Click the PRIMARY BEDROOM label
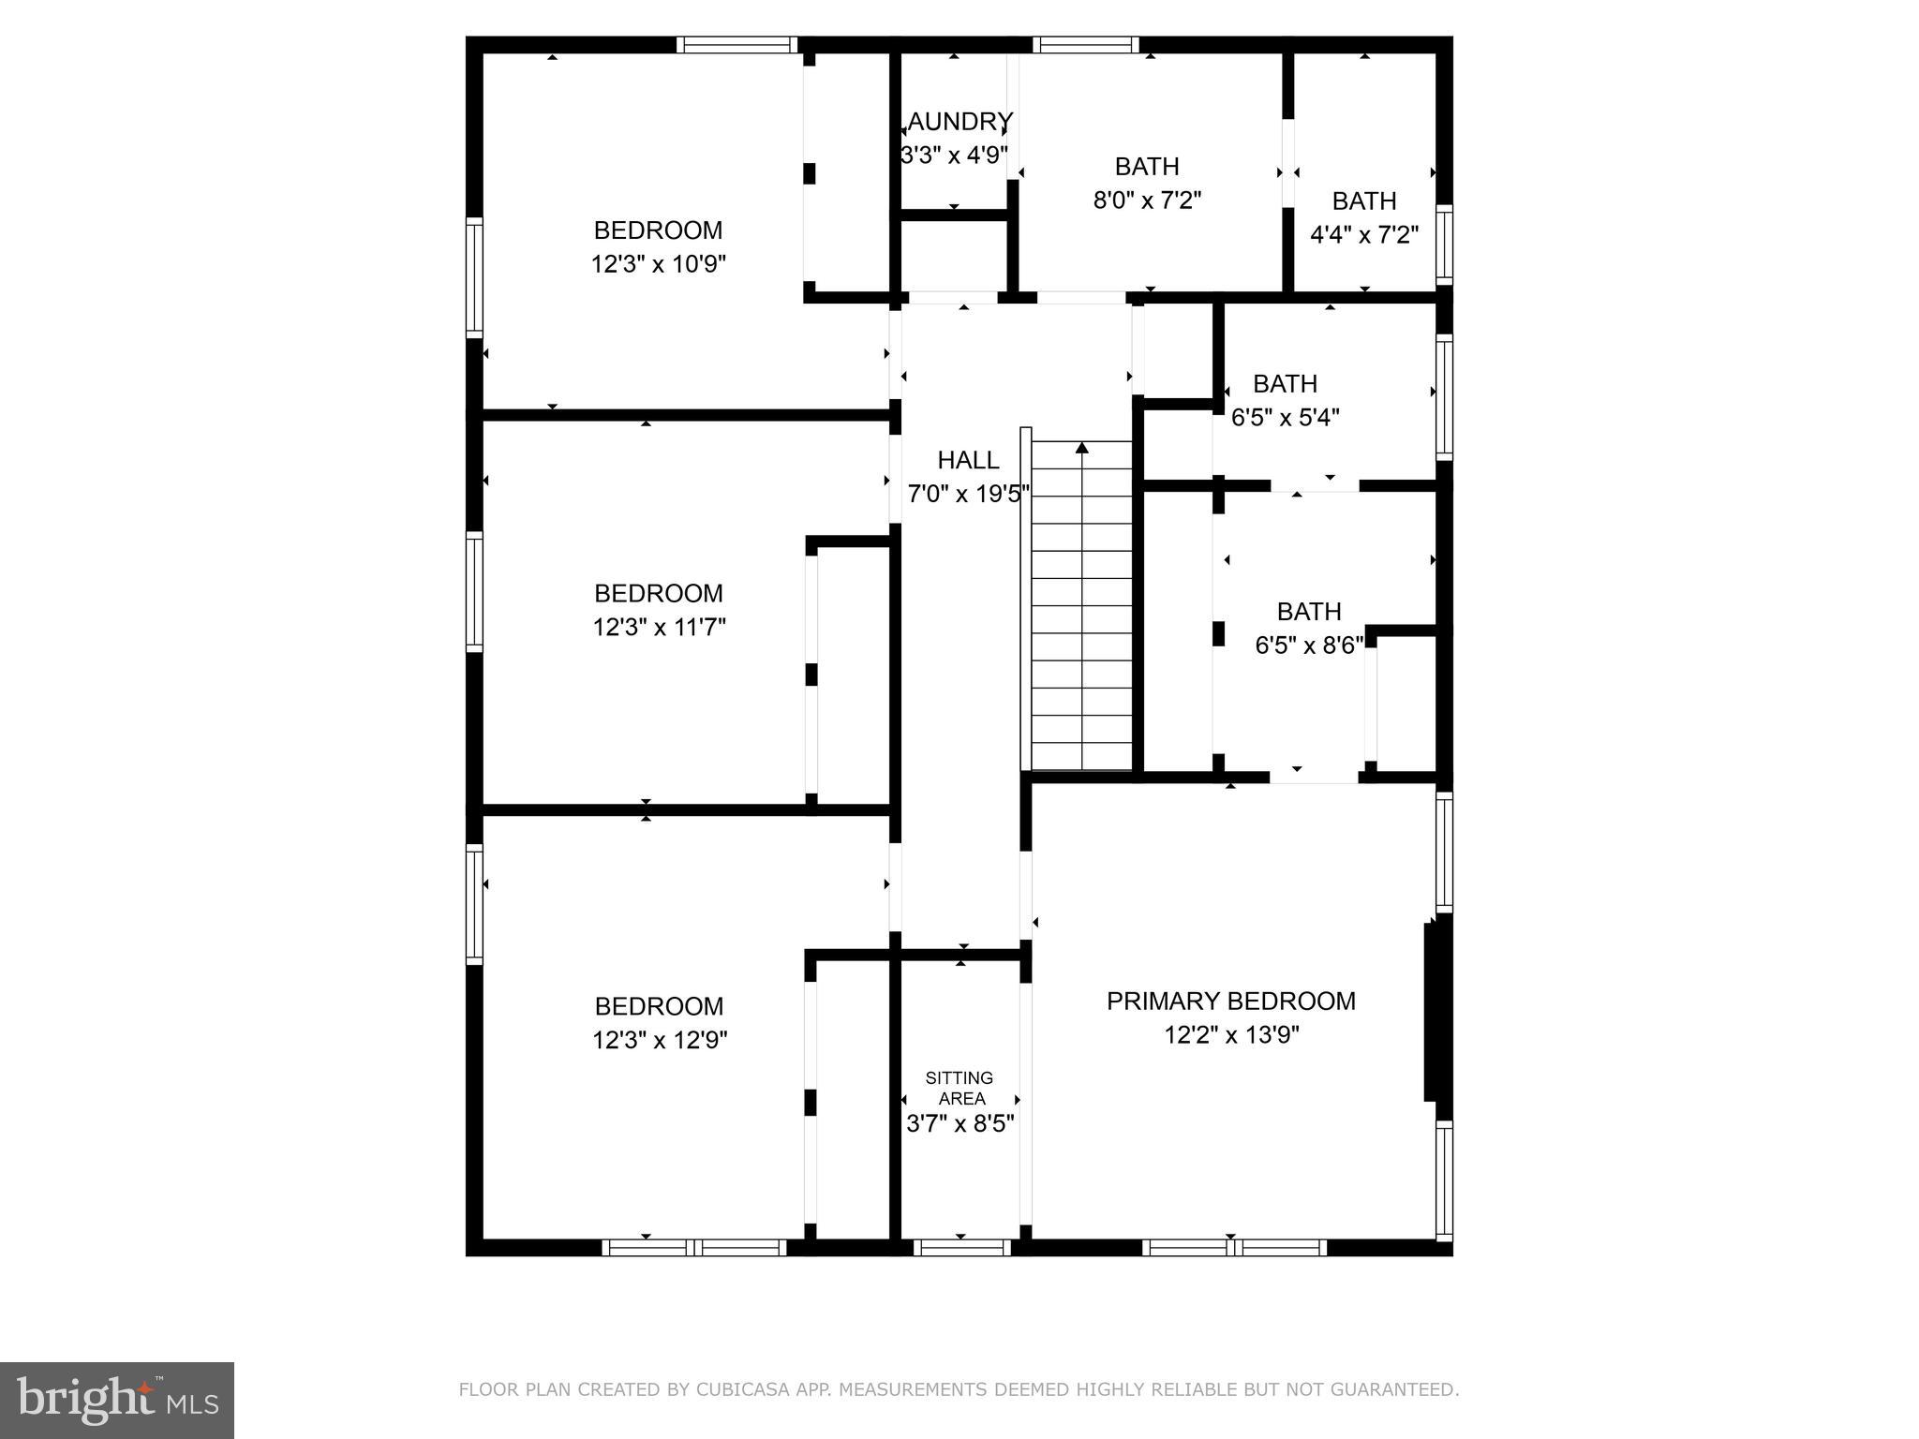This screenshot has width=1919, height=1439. tap(1230, 1001)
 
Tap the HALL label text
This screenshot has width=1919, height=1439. tap(968, 460)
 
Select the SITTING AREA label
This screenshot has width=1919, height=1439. tap(959, 1088)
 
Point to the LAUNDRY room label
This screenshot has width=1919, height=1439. tap(959, 122)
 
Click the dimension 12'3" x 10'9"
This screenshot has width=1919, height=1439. tap(658, 264)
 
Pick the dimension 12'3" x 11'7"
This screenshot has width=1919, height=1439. tap(659, 627)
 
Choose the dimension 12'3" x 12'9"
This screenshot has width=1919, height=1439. tap(659, 1040)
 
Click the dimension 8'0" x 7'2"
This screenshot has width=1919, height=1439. tap(1147, 200)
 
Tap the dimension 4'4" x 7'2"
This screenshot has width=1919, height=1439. tap(1363, 234)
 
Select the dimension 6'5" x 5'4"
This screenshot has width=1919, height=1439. tap(1285, 417)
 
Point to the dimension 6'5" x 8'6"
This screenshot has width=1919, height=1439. tap(1308, 645)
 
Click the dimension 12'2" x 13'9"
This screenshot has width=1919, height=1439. tap(1230, 1035)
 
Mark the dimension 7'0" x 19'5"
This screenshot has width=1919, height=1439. tap(968, 494)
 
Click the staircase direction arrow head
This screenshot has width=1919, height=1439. tap(1082, 448)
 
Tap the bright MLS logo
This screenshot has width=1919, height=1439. tap(117, 1400)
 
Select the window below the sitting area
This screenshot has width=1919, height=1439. tap(961, 1247)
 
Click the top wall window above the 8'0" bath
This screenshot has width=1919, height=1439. tap(1086, 44)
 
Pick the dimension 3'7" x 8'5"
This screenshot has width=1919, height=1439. tap(960, 1123)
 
